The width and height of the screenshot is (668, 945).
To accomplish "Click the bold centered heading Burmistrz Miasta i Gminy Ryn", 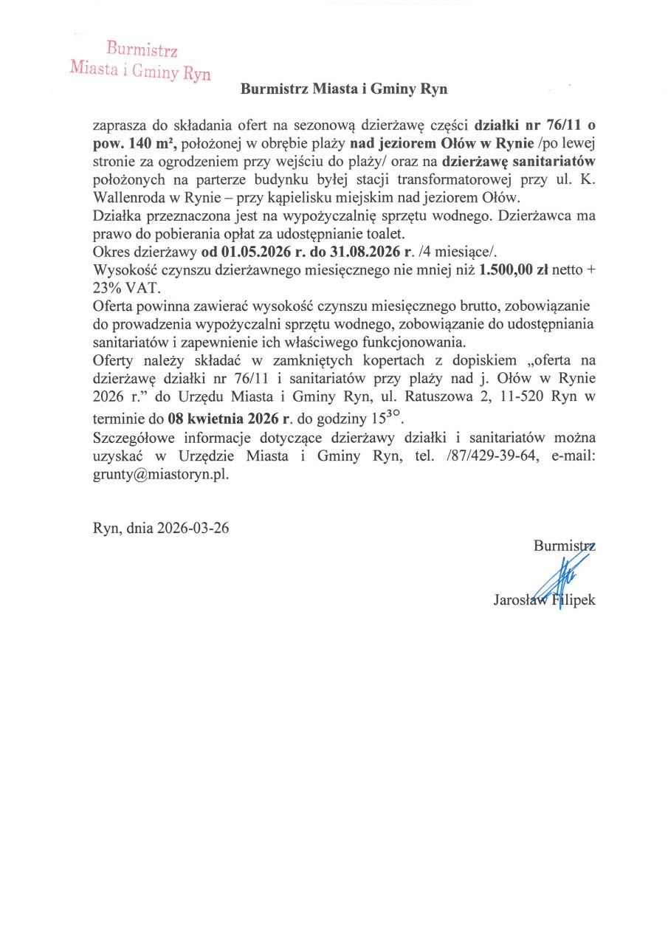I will tap(344, 90).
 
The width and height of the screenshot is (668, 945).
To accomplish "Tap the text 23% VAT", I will tap(122, 287).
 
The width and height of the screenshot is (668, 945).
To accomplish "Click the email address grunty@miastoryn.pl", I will tap(160, 474).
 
